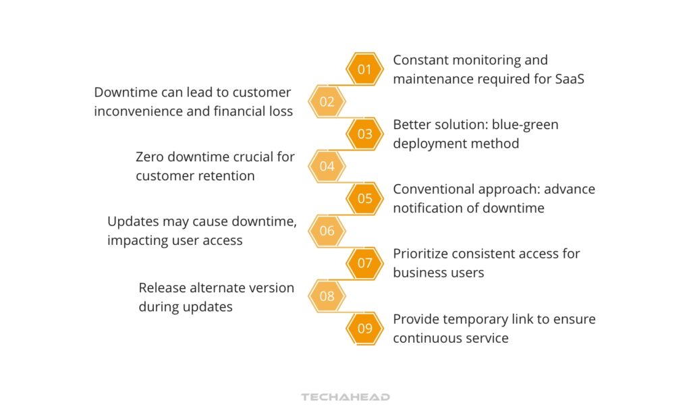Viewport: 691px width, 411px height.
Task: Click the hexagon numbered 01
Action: (x=364, y=69)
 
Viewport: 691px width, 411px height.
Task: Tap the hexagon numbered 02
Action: (x=327, y=102)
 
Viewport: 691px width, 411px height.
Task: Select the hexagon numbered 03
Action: (x=364, y=134)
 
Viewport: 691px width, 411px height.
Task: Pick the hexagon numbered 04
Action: (x=327, y=166)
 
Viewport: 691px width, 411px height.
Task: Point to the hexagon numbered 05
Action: (x=364, y=198)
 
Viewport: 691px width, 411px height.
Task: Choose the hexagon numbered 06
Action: (x=327, y=231)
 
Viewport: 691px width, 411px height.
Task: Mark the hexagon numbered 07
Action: (x=364, y=263)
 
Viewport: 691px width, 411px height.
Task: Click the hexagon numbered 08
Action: (x=327, y=296)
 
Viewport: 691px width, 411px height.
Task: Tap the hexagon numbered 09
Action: (x=364, y=329)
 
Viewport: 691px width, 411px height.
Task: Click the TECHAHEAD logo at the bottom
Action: (x=345, y=397)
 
